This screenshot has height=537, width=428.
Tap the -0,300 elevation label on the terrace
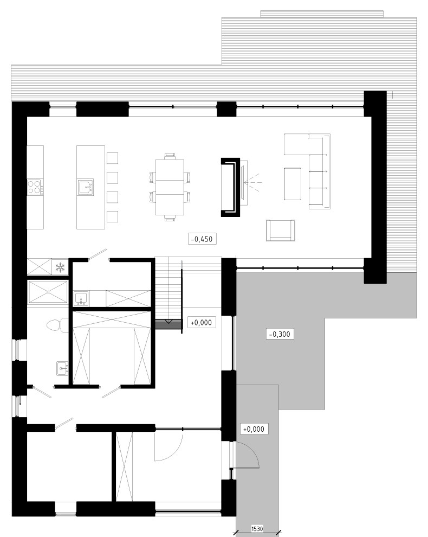[280, 334]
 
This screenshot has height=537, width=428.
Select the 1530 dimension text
[258, 528]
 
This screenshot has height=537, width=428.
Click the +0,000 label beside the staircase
[200, 322]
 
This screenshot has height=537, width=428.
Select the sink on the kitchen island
[86, 187]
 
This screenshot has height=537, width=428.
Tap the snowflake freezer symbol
[61, 267]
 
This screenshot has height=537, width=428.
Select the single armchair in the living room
[281, 231]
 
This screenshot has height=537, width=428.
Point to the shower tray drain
[48, 292]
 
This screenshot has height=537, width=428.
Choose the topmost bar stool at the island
[112, 158]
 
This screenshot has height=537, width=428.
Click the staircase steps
[167, 287]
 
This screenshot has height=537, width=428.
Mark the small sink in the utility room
[82, 298]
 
